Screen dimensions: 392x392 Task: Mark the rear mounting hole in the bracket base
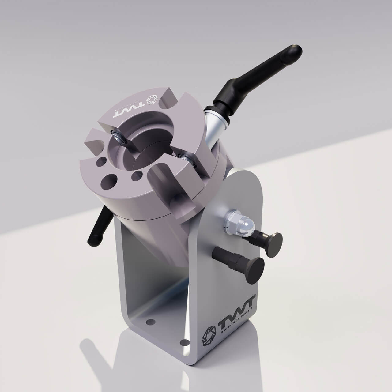click(x=150, y=322)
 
